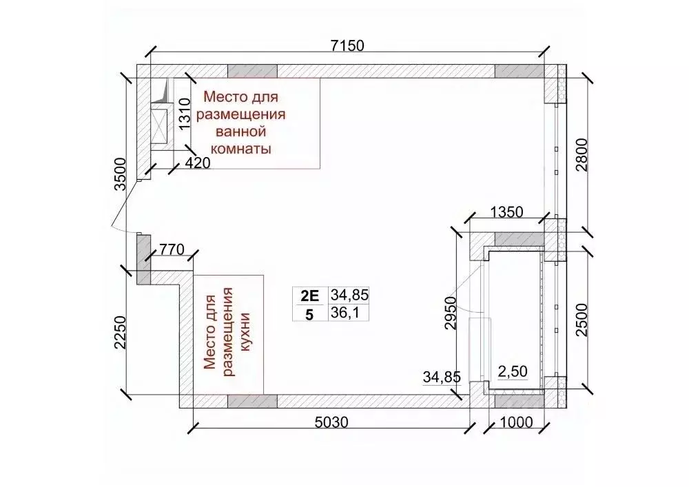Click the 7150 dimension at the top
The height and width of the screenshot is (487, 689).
point(347,46)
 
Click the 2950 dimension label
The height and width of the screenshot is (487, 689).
point(451,314)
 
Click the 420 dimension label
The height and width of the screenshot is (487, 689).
point(197,163)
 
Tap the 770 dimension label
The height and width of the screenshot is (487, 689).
point(172,249)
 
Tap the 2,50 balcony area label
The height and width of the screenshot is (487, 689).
point(512,371)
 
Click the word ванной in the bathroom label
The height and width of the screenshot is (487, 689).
point(241,131)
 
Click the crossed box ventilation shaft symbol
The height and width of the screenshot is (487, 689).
point(162,124)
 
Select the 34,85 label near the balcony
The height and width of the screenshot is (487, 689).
point(442,377)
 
